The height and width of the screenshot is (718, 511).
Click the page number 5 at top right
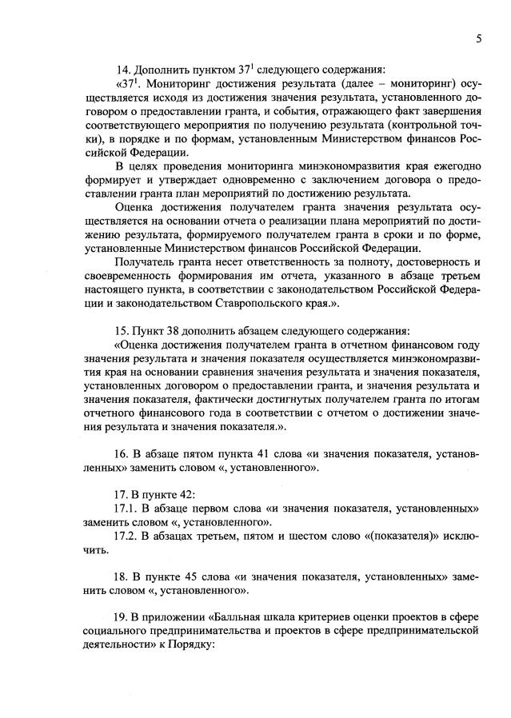(477, 38)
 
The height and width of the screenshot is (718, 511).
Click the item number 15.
(125, 330)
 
